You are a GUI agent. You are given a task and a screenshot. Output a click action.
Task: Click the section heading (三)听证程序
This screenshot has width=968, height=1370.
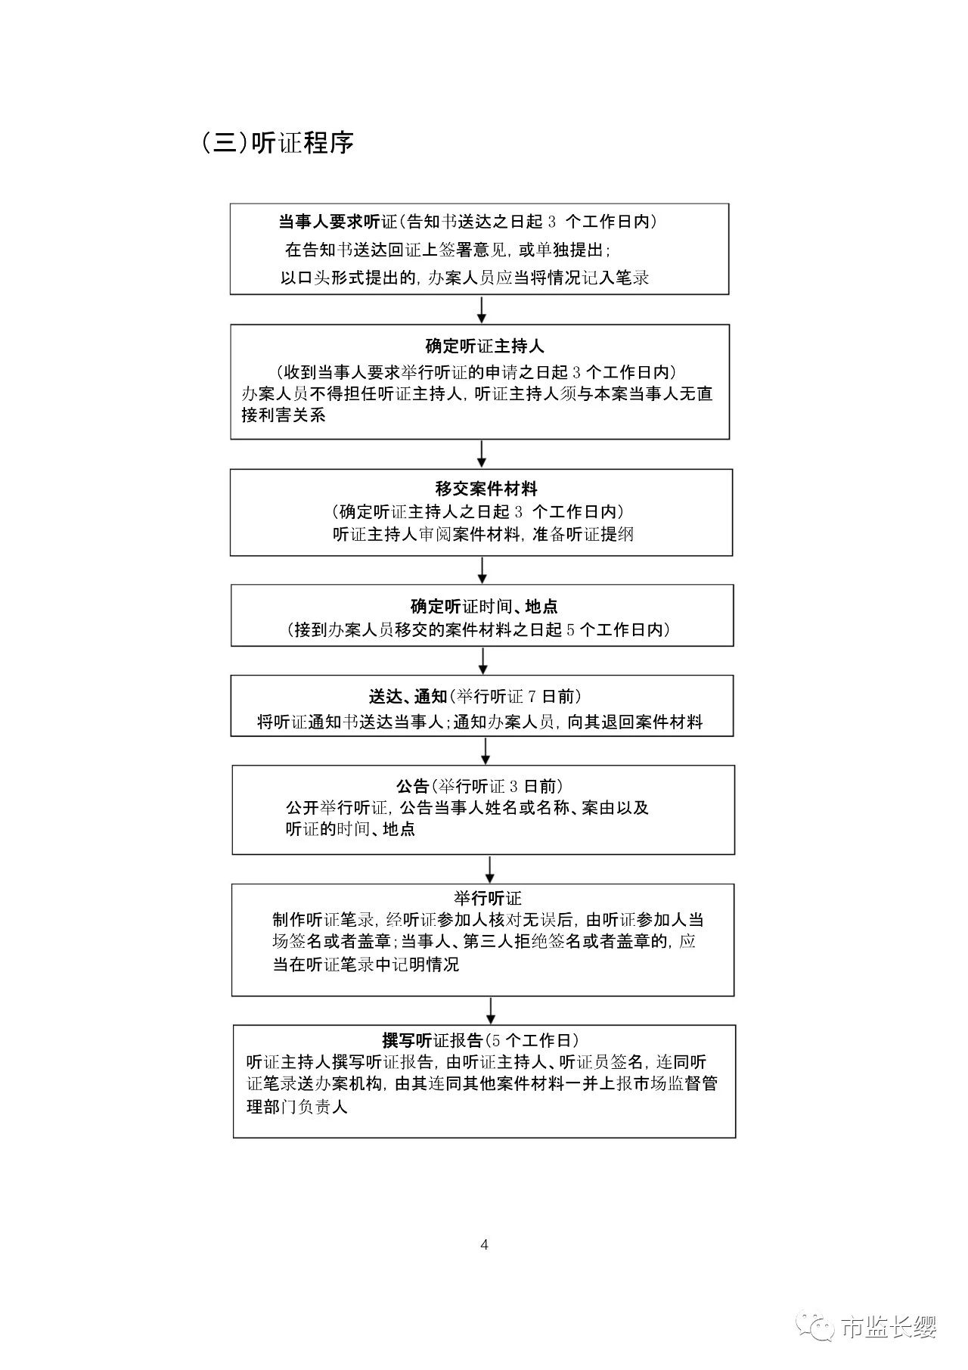277,143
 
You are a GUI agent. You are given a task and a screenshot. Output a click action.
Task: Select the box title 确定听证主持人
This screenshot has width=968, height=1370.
485,346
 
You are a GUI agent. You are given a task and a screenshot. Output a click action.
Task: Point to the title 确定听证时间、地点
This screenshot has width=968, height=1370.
484,607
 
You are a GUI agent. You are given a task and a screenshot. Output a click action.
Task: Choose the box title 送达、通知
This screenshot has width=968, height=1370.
408,697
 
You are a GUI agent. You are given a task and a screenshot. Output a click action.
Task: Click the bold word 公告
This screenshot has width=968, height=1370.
412,786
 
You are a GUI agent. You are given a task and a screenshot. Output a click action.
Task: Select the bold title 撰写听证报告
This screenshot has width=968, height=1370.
433,1040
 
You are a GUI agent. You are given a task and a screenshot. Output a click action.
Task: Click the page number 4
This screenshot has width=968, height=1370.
485,1244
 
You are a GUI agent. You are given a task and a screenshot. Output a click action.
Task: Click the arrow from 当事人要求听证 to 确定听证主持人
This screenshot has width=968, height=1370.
481,309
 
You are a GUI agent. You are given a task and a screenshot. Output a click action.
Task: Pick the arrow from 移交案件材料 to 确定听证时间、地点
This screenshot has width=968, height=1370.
482,570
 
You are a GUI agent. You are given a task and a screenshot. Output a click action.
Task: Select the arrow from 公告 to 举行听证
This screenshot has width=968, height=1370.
490,868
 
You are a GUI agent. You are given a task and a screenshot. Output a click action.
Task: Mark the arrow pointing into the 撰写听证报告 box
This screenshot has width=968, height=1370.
491,1010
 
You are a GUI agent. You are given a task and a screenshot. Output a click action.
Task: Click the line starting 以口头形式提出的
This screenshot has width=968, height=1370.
464,278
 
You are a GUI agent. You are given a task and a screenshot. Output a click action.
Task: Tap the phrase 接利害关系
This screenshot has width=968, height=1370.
284,415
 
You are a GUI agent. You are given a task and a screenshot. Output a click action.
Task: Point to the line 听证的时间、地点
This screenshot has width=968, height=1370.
350,829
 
